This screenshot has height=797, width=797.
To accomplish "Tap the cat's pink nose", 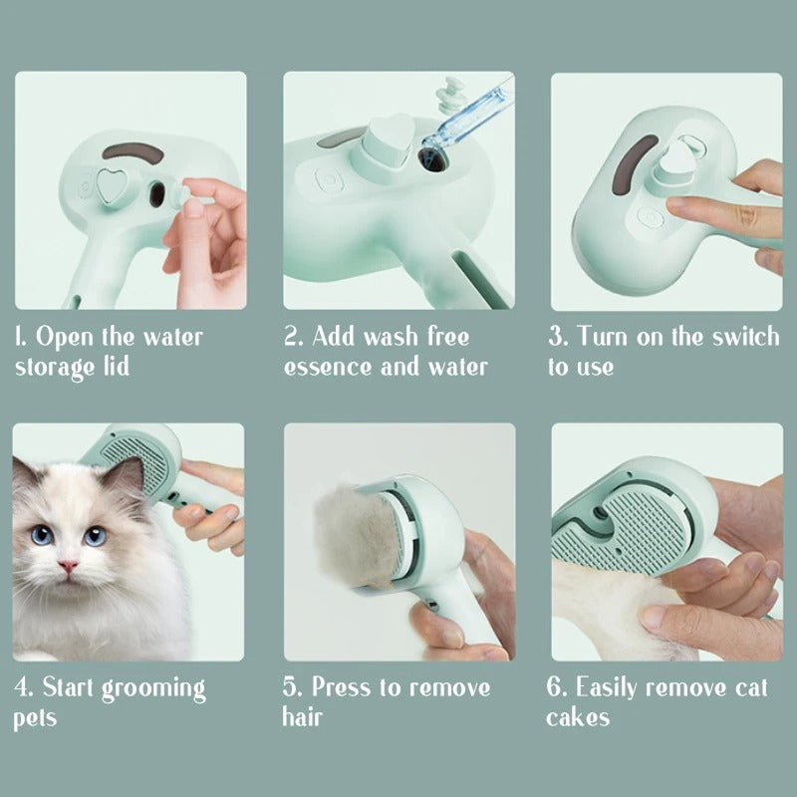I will (x=68, y=567).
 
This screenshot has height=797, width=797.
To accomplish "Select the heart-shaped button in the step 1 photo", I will (x=113, y=186).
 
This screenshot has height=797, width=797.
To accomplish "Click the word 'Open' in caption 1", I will (x=70, y=337).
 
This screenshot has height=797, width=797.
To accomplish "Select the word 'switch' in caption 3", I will (x=744, y=337).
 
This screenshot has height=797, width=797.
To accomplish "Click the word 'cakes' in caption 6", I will (x=578, y=717).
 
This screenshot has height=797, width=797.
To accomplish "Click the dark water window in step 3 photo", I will (x=632, y=174).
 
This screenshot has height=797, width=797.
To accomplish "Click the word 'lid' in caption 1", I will (x=114, y=366).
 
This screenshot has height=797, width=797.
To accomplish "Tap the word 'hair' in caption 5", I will (x=303, y=717).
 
